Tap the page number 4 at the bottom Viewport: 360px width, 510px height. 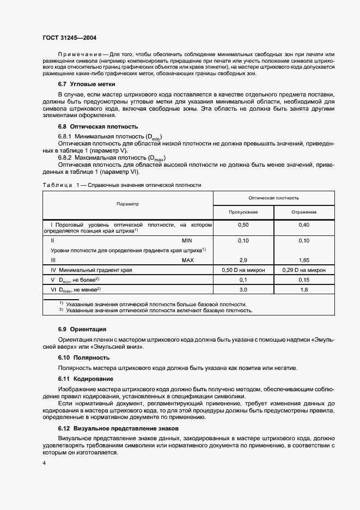pyautogui.click(x=44, y=463)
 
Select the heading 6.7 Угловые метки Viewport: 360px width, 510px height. pyautogui.click(x=86, y=84)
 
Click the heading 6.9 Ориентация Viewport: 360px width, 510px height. pyautogui.click(x=82, y=329)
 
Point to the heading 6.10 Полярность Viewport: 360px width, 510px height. pyautogui.click(x=84, y=357)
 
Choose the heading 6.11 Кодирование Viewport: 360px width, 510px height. pyautogui.click(x=86, y=378)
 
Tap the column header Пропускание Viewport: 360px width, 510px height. pyautogui.click(x=243, y=211)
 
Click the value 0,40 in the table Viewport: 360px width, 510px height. pyautogui.click(x=304, y=224)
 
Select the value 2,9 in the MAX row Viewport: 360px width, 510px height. pyautogui.click(x=243, y=260)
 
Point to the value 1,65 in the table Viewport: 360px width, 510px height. pyautogui.click(x=304, y=260)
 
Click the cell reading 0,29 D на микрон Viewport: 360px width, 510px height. pyautogui.click(x=304, y=270)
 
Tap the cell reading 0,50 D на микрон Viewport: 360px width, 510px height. pyautogui.click(x=243, y=270)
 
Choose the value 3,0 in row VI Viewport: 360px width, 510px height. pyautogui.click(x=243, y=289)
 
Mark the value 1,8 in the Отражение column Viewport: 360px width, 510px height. pyautogui.click(x=304, y=289)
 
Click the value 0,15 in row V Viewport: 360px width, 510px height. pyautogui.click(x=304, y=280)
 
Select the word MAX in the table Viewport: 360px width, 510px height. pyautogui.click(x=188, y=260)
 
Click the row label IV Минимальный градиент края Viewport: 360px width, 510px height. pyautogui.click(x=91, y=270)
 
